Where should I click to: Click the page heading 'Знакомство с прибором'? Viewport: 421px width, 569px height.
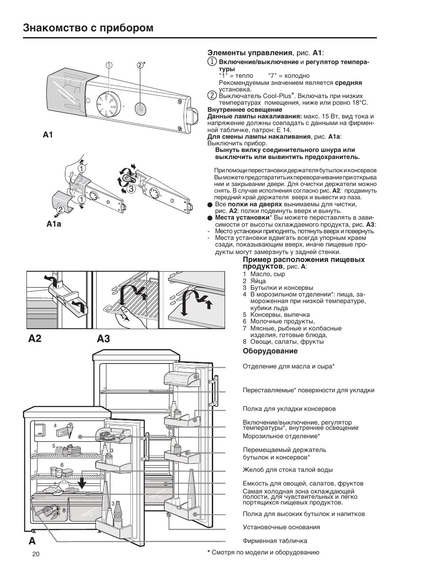pyautogui.click(x=88, y=28)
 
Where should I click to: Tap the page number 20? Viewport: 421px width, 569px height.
pyautogui.click(x=36, y=554)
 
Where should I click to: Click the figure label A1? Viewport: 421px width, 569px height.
pyautogui.click(x=48, y=135)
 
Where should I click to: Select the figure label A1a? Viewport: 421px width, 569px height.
pyautogui.click(x=53, y=224)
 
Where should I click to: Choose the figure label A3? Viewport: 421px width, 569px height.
pyautogui.click(x=103, y=338)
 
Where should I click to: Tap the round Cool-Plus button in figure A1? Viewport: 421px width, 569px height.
pyautogui.click(x=141, y=107)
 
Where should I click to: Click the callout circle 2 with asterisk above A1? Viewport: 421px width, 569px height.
pyautogui.click(x=140, y=65)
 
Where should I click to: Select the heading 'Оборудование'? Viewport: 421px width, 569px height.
pyautogui.click(x=270, y=351)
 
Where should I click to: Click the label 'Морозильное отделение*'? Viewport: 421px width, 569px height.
pyautogui.click(x=281, y=436)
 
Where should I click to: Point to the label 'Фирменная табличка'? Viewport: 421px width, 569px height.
pyautogui.click(x=274, y=541)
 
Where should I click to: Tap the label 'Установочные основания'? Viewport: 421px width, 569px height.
pyautogui.click(x=281, y=527)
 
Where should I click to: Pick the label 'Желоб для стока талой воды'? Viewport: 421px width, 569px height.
pyautogui.click(x=287, y=470)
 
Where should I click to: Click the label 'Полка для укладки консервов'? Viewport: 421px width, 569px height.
pyautogui.click(x=289, y=409)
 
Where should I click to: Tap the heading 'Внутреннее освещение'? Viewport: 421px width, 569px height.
pyautogui.click(x=244, y=110)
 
